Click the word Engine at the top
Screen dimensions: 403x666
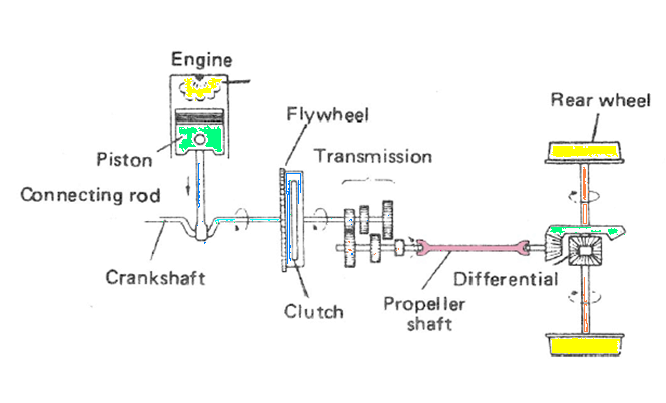click(203, 59)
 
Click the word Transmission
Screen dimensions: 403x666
click(372, 157)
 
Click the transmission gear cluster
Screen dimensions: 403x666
click(366, 235)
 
